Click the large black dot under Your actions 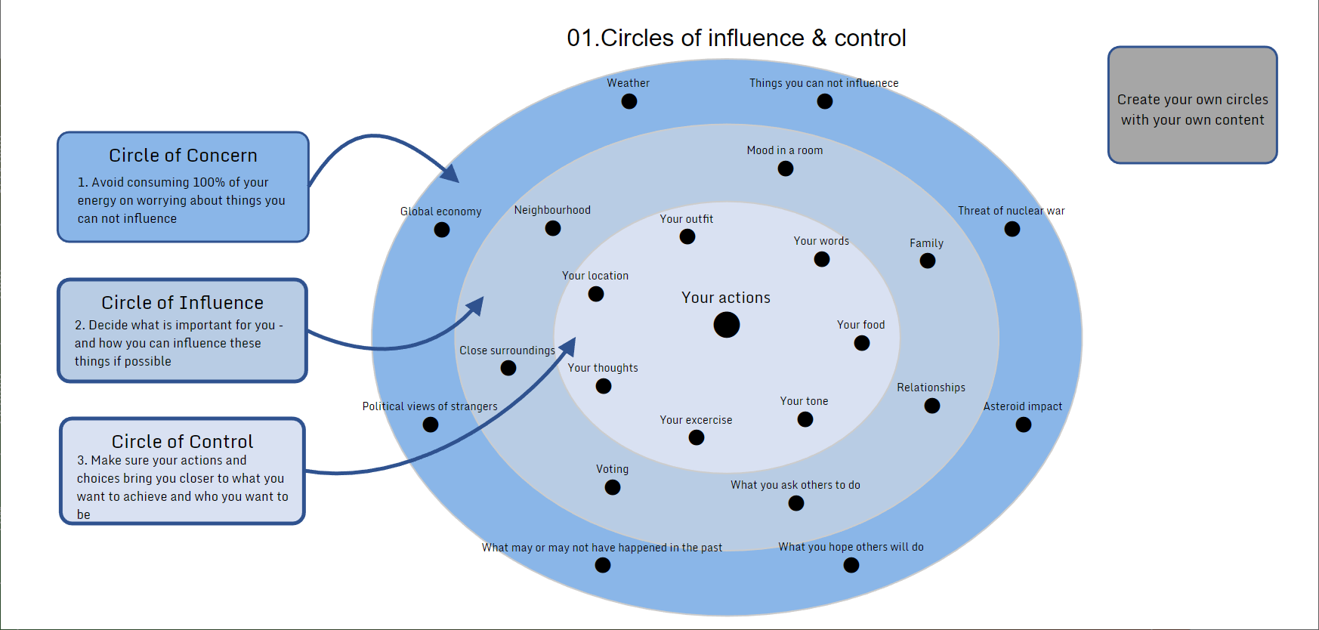727,325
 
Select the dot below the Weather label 629,101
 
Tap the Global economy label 440,212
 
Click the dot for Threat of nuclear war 1012,229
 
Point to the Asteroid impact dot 1024,425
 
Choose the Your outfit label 686,219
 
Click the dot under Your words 822,259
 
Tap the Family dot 928,261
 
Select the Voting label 612,469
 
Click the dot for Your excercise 697,437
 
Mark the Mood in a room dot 786,168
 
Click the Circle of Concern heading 183,156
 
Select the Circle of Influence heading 183,303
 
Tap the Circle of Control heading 183,442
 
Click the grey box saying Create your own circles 1192,105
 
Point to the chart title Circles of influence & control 737,38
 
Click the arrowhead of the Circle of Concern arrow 451,174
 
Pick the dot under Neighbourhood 553,228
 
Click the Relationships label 931,388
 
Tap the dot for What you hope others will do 851,565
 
